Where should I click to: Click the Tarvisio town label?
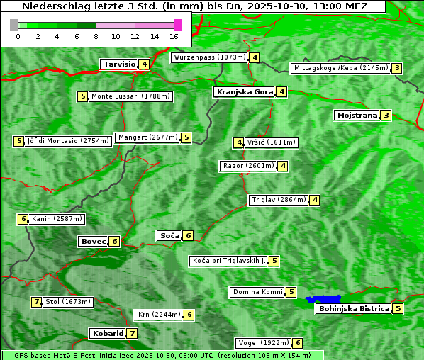coord(118,64)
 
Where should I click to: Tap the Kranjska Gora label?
coord(244,91)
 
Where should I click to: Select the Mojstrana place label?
coord(357,115)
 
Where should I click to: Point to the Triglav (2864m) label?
coord(278,200)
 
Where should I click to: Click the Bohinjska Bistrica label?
coord(354,308)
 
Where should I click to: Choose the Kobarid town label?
coord(106,333)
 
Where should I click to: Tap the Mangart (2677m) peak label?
coord(147,137)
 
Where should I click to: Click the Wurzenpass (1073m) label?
coord(209,57)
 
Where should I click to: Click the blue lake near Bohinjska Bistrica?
coord(323,299)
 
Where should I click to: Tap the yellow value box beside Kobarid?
coord(133,333)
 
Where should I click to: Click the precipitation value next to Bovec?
coord(115,241)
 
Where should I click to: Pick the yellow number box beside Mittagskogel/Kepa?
coord(398,68)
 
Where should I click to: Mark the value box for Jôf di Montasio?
coord(18,141)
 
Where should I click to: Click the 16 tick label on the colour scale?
coord(174,36)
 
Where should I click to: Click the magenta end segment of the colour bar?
coord(177,25)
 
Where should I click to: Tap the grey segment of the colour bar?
coord(14,25)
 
